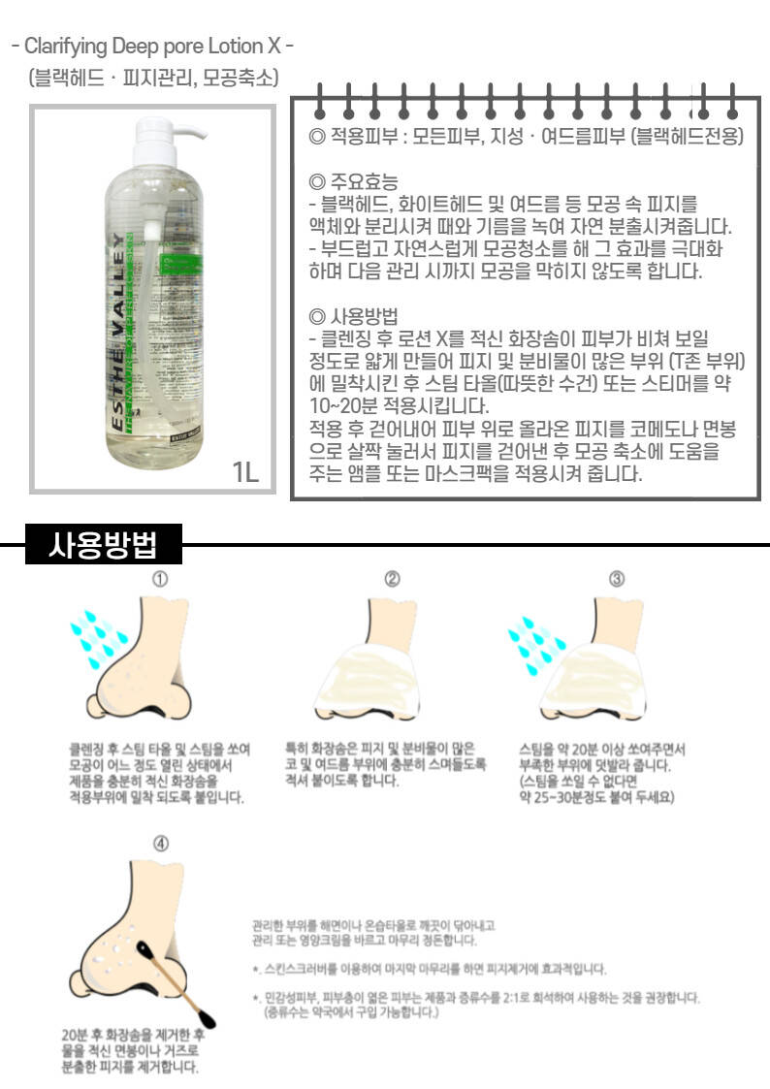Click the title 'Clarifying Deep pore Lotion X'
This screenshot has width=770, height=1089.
point(153,46)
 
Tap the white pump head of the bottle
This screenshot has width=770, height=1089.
point(167,136)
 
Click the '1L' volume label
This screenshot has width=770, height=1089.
point(244,472)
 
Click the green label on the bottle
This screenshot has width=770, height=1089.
point(178,275)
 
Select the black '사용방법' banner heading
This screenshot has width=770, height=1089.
point(104,544)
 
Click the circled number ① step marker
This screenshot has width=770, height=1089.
point(160,579)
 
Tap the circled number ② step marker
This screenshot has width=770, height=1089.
point(393,579)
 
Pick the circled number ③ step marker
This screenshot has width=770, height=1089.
point(617,579)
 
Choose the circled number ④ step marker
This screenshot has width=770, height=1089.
point(160,843)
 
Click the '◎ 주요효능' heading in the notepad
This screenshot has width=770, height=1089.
point(353,182)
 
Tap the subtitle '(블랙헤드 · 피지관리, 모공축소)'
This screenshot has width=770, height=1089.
point(153,77)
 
